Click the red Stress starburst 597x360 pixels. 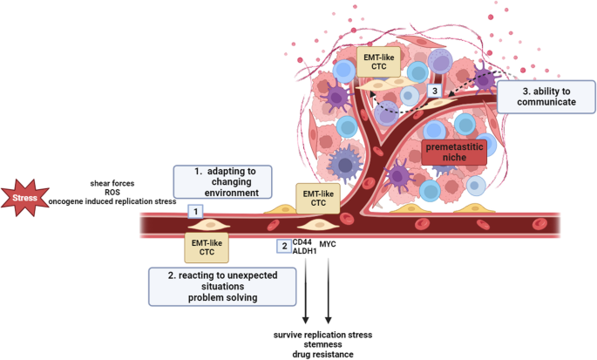[24, 198]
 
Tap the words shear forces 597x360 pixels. [112, 183]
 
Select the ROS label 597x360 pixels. [112, 193]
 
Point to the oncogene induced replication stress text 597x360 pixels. [112, 201]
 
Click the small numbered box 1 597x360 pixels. [196, 212]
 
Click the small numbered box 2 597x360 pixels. [284, 246]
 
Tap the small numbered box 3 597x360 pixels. [434, 91]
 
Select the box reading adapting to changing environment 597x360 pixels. [223, 182]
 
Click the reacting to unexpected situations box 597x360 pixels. [222, 287]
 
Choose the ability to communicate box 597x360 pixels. [546, 97]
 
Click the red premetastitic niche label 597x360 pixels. [454, 152]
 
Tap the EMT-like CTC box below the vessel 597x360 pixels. [207, 248]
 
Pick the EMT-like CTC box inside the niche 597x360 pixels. [378, 62]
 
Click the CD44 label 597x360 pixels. [302, 242]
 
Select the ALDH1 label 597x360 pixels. [304, 251]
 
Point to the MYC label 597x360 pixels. [328, 244]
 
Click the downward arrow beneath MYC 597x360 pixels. [329, 290]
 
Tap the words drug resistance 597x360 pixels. [322, 354]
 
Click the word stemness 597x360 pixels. [322, 344]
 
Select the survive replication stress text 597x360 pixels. [322, 335]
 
